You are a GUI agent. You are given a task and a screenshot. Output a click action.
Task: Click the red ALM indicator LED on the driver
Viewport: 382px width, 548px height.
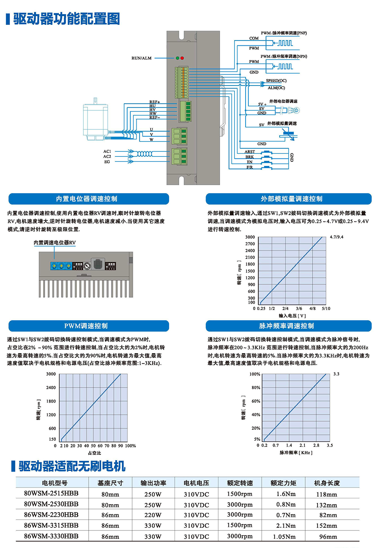(182, 58)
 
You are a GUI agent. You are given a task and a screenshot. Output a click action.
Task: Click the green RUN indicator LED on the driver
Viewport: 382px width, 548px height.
(177, 58)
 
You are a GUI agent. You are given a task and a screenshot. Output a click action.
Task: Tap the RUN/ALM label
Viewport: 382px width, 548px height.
(142, 58)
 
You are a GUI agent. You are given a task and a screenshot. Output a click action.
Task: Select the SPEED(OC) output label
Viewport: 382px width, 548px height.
(276, 81)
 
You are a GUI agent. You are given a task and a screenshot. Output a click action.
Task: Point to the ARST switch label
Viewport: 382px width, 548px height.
(249, 152)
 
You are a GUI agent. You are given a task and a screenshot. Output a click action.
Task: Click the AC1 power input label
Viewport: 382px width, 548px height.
(107, 152)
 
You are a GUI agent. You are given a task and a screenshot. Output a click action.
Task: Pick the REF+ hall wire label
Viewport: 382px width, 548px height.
(154, 102)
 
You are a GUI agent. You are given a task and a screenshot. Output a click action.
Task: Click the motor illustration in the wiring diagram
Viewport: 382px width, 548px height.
(96, 119)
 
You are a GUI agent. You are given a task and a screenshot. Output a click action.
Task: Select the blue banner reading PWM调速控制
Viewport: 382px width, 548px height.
(89, 326)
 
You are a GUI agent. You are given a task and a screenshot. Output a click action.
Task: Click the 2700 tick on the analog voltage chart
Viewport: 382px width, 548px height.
(250, 244)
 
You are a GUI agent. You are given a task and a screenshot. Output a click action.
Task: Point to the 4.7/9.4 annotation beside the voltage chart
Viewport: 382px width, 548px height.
(337, 237)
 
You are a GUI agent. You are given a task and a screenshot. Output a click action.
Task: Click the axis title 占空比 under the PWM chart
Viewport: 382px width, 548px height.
(94, 453)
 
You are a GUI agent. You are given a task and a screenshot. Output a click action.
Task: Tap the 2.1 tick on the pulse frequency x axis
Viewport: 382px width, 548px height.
(303, 445)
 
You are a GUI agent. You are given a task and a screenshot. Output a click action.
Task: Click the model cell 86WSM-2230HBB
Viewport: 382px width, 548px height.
(51, 515)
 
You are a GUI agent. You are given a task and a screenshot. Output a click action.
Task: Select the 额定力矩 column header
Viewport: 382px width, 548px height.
(283, 483)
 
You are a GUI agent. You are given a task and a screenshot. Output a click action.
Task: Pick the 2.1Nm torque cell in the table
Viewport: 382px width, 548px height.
(286, 525)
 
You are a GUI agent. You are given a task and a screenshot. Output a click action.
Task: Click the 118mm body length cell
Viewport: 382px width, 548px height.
(326, 495)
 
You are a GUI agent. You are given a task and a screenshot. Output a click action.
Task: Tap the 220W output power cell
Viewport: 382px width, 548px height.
(153, 515)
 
